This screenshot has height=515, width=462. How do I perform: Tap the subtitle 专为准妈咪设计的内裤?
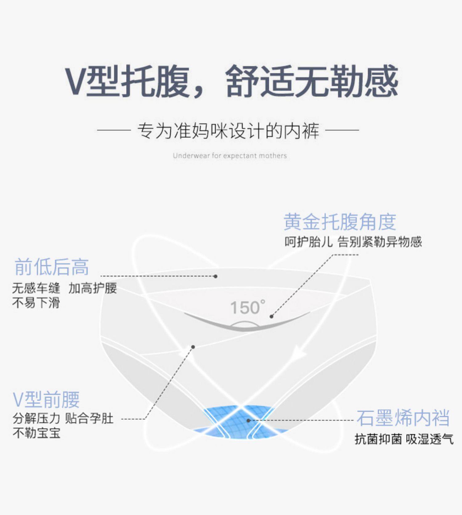pyautogui.click(x=228, y=131)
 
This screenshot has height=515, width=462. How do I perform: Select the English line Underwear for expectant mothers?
pyautogui.click(x=230, y=156)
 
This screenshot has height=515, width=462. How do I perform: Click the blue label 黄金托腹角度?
pyautogui.click(x=340, y=222)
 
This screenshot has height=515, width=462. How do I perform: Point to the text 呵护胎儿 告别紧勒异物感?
pyautogui.click(x=353, y=242)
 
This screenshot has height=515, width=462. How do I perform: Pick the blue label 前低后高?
pyautogui.click(x=52, y=267)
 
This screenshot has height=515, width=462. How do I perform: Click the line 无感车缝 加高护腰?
pyautogui.click(x=65, y=288)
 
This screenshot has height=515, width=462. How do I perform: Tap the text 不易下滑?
pyautogui.click(x=36, y=303)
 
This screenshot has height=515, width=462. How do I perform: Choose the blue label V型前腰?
pyautogui.click(x=46, y=400)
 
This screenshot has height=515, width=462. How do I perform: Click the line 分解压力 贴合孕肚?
pyautogui.click(x=63, y=419)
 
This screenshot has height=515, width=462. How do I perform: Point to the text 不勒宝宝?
pyautogui.click(x=36, y=433)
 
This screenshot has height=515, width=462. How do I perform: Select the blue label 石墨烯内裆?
pyautogui.click(x=403, y=418)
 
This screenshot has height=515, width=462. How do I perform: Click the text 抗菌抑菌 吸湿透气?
pyautogui.click(x=404, y=439)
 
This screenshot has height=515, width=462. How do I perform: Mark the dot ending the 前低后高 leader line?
pyautogui.click(x=216, y=276)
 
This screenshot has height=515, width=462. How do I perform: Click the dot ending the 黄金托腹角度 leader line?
pyautogui.click(x=271, y=316)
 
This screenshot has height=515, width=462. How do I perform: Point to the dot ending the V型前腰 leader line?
pyautogui.click(x=193, y=347)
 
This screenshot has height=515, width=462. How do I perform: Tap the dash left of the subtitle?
pyautogui.click(x=114, y=130)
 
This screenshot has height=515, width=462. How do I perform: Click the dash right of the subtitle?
pyautogui.click(x=342, y=130)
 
